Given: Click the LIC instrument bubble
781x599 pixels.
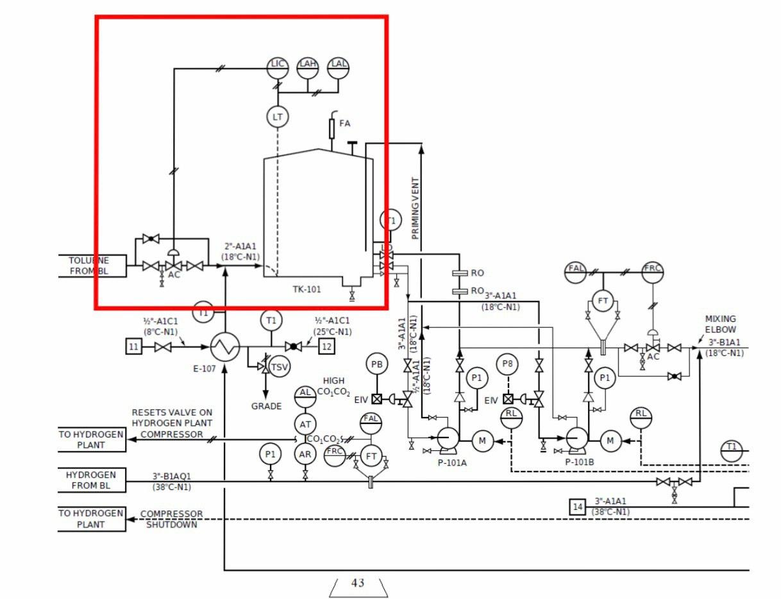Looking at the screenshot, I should (x=278, y=65).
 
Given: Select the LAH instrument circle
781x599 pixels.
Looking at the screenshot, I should (x=308, y=65).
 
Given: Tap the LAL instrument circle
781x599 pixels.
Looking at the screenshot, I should (x=339, y=65).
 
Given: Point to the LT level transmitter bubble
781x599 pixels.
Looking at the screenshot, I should (x=278, y=117).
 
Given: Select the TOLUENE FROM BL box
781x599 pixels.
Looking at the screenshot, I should (x=88, y=266).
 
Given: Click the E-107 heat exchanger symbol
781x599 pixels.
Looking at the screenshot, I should (x=225, y=347).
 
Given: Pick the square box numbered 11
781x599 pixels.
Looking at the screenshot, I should (x=133, y=347).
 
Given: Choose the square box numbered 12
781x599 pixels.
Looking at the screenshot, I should (x=327, y=347).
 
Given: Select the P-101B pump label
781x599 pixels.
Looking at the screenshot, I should (x=580, y=462).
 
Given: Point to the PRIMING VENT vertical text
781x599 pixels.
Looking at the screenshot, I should (x=415, y=207).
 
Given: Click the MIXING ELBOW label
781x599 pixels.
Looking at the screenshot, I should (x=721, y=324).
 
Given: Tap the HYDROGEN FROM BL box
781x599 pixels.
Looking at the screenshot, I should (x=90, y=480).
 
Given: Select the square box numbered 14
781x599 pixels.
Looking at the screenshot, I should (x=578, y=507).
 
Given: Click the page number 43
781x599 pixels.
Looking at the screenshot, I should (x=358, y=583).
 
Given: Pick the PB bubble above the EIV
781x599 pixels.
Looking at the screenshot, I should (x=377, y=365).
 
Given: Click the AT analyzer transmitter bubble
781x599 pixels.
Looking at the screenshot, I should (x=305, y=424).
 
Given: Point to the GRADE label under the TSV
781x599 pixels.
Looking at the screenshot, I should (x=266, y=406).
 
